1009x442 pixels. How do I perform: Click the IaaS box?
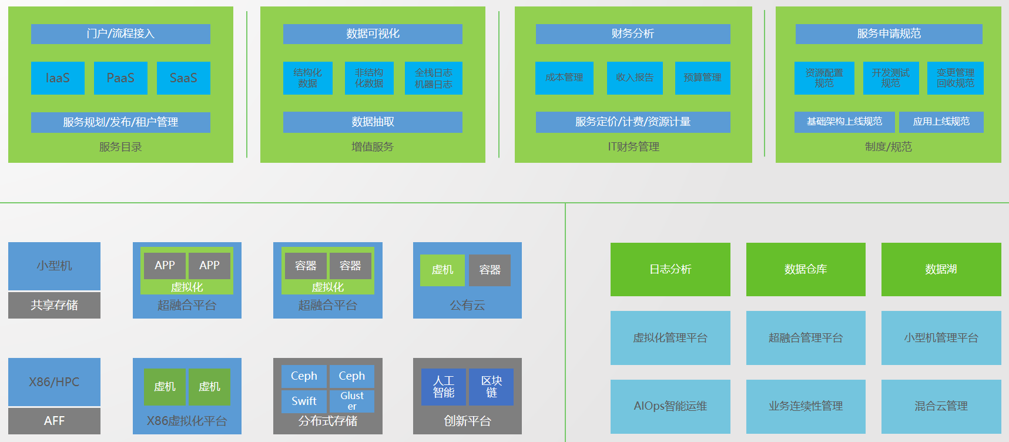click(58, 78)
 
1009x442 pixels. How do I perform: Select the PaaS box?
click(120, 78)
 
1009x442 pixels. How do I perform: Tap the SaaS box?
click(183, 78)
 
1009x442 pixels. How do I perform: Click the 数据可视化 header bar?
click(373, 34)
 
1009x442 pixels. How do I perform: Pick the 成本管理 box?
click(564, 78)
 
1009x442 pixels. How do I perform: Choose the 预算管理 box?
click(702, 78)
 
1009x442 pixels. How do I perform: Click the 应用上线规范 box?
click(941, 122)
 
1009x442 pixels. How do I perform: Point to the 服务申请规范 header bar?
click(889, 34)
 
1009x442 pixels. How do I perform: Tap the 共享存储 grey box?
click(54, 305)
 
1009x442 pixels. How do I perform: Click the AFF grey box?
click(54, 421)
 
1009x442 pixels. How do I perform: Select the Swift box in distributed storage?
click(304, 401)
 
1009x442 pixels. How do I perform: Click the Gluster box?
click(351, 401)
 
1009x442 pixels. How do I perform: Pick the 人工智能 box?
click(444, 387)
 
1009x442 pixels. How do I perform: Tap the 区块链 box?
click(491, 387)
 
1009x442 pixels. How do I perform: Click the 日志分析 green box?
click(670, 269)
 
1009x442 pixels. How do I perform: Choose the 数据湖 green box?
click(941, 269)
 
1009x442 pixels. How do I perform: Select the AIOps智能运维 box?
click(670, 406)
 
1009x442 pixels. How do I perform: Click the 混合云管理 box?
click(941, 406)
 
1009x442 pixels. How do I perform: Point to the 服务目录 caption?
click(120, 147)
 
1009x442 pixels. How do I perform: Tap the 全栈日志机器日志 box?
click(434, 78)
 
